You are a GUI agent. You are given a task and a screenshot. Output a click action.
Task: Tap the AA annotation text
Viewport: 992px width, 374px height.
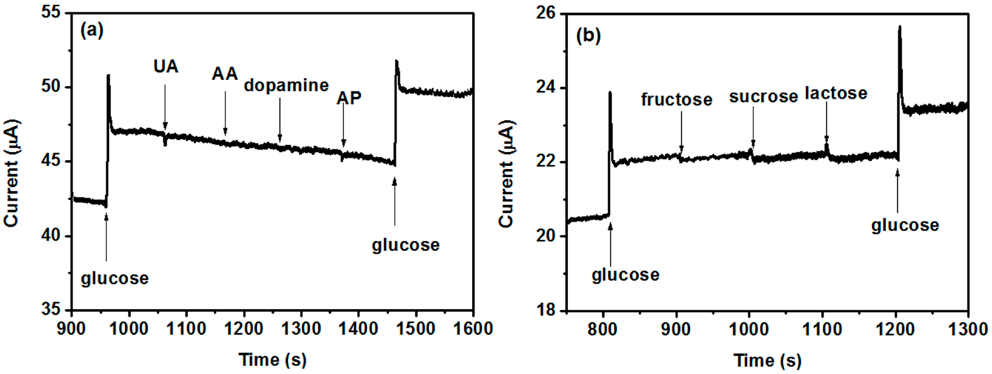pos(224,74)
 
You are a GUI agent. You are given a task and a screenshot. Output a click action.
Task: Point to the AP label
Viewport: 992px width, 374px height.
pos(349,99)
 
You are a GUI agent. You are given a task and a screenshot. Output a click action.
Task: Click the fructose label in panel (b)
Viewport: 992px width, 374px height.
pos(677,100)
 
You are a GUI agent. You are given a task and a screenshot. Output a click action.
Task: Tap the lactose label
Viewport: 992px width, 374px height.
pos(836,93)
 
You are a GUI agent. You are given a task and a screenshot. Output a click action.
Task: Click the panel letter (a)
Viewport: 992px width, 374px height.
pos(92,30)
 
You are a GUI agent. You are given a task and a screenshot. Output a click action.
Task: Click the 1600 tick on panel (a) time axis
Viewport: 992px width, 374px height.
pos(473,329)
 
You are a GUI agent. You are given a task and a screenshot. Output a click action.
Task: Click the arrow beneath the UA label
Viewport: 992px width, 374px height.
pos(165,108)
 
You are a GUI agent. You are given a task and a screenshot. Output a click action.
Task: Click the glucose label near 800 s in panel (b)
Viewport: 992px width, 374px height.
pos(625,275)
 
